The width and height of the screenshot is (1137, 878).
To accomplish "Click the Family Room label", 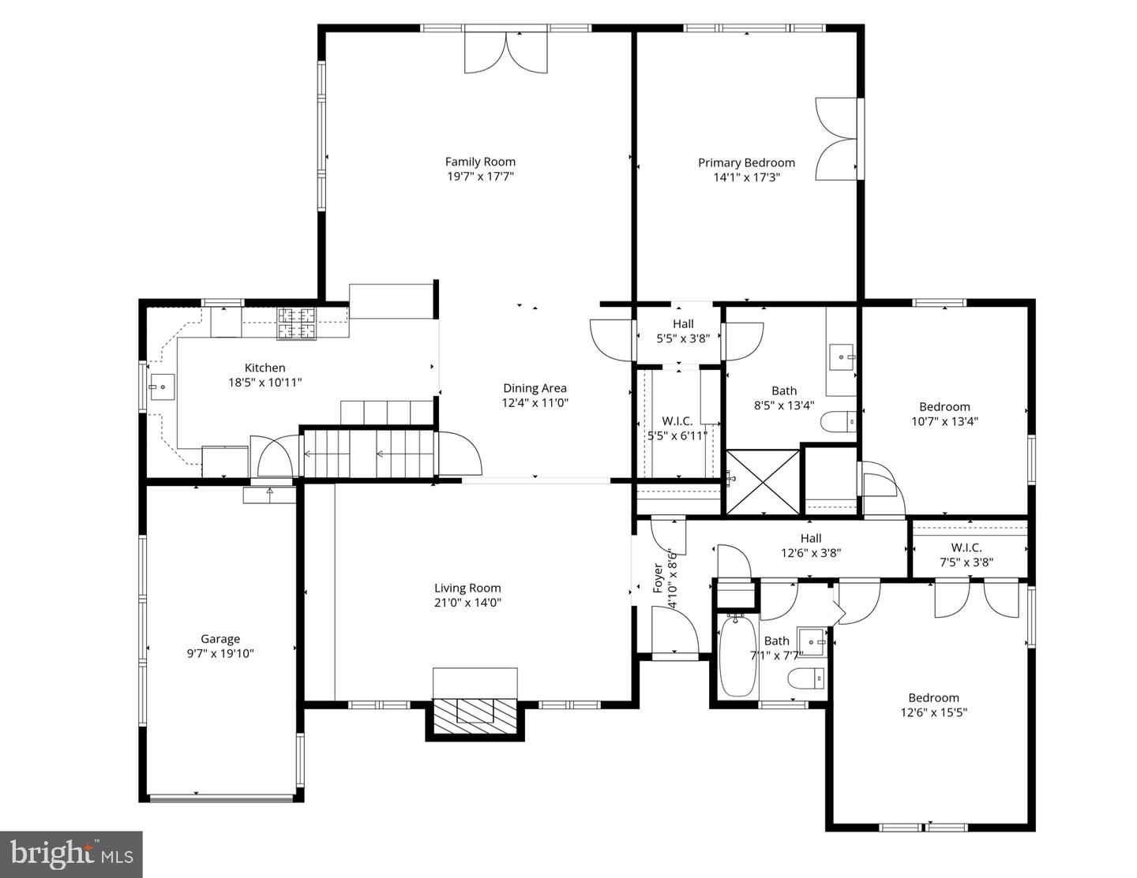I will tap(480, 162).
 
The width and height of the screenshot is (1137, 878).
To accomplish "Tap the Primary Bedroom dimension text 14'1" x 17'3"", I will tap(746, 177).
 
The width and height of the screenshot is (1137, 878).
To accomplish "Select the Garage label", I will tap(220, 639).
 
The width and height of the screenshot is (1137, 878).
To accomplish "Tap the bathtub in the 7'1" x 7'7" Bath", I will tap(738, 656).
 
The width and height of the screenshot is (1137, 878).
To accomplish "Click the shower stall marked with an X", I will tap(762, 481).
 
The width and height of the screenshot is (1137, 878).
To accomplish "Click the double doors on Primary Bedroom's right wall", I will tap(836, 139).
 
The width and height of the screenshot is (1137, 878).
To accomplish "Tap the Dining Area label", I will tap(535, 388).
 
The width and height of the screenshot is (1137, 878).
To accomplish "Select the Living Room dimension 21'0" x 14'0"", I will tap(467, 603).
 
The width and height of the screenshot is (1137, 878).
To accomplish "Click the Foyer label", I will tap(658, 578).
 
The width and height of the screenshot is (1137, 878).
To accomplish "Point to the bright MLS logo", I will tap(71, 854).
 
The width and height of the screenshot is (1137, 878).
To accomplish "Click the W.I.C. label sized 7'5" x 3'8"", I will tap(966, 547).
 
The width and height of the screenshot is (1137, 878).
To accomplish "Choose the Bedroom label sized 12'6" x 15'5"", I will tap(933, 697).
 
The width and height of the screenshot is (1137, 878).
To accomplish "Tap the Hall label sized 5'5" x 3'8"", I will tap(683, 323).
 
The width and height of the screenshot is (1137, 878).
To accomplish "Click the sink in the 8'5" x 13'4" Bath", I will tap(843, 357).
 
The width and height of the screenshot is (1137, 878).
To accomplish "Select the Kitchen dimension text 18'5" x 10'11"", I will tap(265, 383).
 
